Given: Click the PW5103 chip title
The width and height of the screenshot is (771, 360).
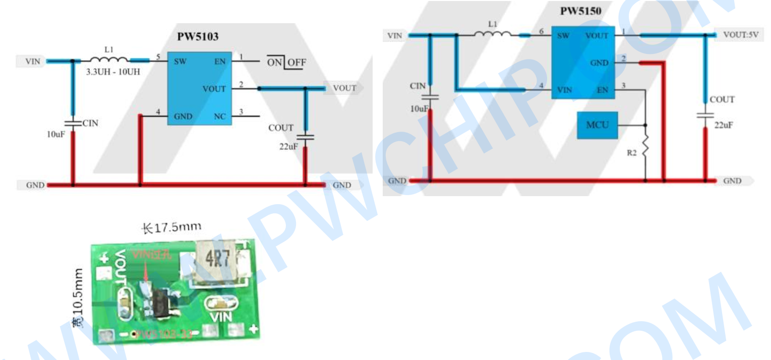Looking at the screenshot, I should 198,37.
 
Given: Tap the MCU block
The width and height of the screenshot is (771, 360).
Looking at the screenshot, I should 598,125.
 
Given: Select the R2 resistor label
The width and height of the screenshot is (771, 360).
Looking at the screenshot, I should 632,153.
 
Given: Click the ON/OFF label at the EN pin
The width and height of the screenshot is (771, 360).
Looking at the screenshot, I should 286,63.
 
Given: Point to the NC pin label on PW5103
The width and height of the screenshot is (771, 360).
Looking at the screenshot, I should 219,116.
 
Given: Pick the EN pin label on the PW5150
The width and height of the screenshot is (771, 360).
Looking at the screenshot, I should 603,90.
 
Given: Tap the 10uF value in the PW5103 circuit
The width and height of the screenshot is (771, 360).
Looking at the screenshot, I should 55,135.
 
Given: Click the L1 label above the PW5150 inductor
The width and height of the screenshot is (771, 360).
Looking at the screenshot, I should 492,24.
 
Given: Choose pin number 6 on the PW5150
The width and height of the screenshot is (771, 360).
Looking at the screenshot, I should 542,32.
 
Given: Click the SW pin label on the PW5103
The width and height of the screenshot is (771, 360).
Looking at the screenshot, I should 180,62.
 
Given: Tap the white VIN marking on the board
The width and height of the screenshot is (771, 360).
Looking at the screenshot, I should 221,318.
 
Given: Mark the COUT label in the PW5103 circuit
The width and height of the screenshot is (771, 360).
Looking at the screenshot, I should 281,128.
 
